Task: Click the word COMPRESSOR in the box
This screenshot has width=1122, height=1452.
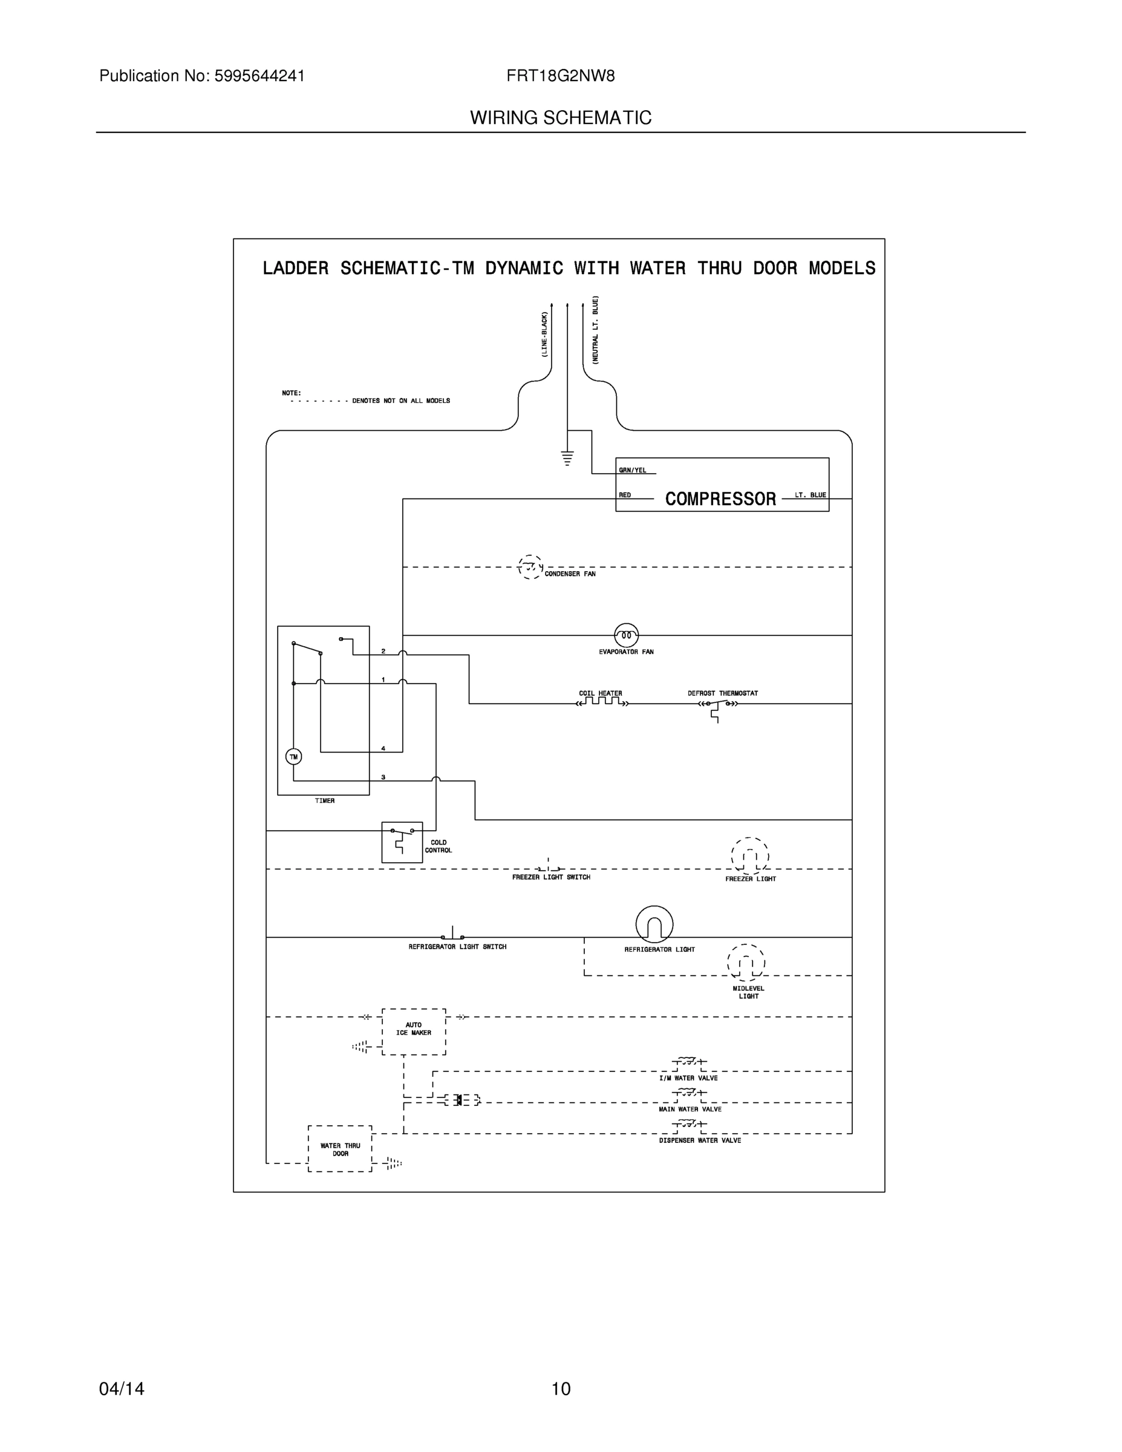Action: (x=720, y=499)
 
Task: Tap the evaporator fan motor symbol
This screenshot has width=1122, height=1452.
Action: (x=626, y=635)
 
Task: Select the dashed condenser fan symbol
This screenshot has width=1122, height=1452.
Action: (x=530, y=567)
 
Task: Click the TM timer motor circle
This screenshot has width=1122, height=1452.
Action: (x=293, y=757)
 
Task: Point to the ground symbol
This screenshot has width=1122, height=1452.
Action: (x=567, y=458)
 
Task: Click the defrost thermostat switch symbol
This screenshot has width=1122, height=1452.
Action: (x=718, y=705)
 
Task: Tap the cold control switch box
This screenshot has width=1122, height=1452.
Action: (x=402, y=842)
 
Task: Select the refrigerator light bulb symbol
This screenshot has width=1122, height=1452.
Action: (x=654, y=924)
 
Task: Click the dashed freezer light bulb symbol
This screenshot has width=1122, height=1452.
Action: (x=750, y=856)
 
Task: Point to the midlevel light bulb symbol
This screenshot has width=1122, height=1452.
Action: (x=746, y=963)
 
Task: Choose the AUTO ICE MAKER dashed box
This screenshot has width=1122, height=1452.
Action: (x=414, y=1031)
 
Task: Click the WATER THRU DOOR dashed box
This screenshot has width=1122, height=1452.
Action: (x=340, y=1149)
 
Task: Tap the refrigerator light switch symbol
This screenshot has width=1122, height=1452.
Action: (x=453, y=934)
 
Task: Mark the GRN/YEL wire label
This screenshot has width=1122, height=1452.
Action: (x=632, y=470)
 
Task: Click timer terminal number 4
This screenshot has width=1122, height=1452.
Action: (x=383, y=748)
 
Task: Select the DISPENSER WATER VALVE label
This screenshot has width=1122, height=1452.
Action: (x=700, y=1140)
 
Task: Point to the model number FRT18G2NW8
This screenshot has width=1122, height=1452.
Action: (x=560, y=76)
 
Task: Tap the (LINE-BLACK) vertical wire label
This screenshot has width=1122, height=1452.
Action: (x=544, y=335)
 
